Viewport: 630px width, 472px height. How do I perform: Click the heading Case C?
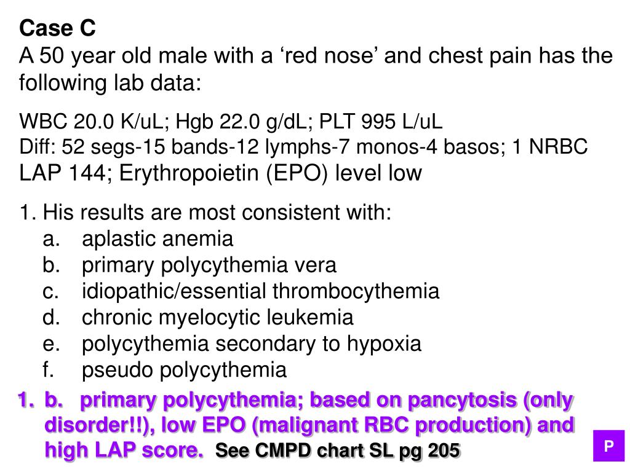coord(58,28)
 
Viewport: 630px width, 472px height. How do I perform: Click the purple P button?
coord(608,446)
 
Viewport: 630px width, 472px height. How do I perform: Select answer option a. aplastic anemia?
coord(157,238)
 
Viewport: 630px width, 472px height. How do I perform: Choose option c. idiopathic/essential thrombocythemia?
coord(261,291)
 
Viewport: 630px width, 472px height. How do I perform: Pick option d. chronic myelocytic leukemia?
coord(218,318)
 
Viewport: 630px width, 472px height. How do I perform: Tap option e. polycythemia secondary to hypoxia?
coord(252,344)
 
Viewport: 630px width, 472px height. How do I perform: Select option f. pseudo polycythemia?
coord(184,371)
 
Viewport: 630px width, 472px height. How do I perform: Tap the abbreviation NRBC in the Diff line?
coord(560,147)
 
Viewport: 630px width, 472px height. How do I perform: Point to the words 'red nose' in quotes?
coord(331,57)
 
